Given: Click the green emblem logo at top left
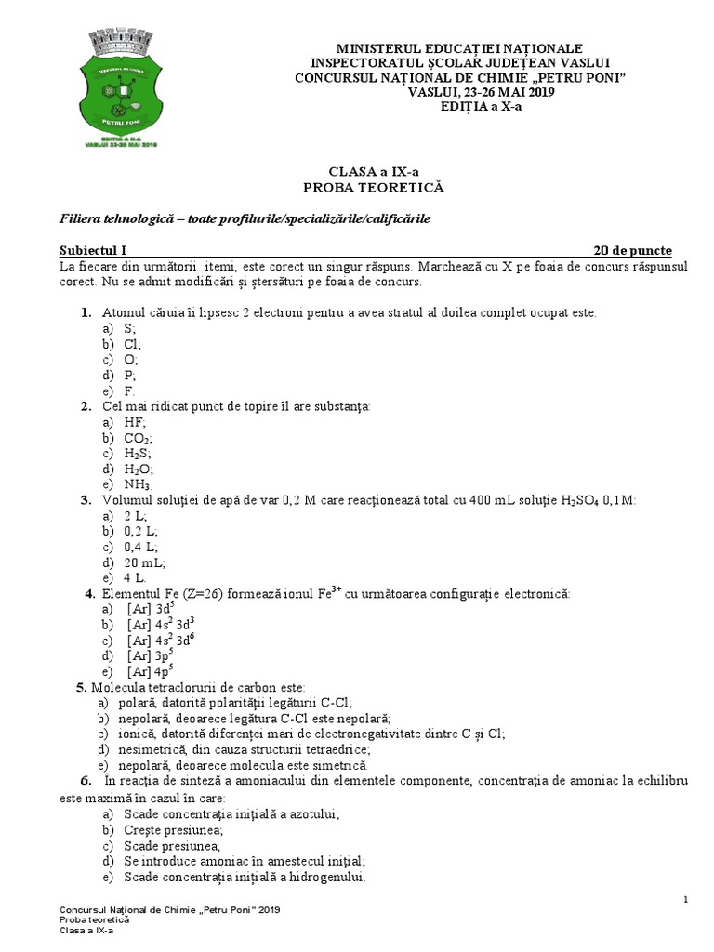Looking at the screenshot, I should (x=125, y=90).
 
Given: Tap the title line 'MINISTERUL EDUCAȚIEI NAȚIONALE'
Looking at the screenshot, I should (x=459, y=47).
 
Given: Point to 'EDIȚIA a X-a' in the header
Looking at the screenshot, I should (x=459, y=106).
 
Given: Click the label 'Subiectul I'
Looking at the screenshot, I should (x=92, y=251).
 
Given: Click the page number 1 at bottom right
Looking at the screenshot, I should (x=685, y=899).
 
